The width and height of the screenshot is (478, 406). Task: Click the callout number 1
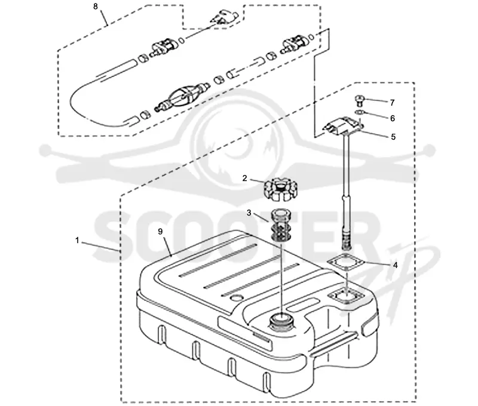click(77, 241)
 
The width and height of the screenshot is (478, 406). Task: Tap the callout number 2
click(244, 178)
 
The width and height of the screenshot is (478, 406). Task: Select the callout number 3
click(249, 213)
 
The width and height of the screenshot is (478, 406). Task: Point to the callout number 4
click(396, 265)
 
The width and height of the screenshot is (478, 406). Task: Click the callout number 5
click(393, 137)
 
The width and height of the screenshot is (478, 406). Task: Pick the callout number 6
click(393, 118)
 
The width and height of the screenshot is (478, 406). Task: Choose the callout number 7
click(393, 103)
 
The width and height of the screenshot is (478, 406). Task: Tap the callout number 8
click(96, 7)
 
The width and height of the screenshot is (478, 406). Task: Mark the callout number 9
click(160, 232)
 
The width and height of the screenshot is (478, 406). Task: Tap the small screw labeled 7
click(360, 100)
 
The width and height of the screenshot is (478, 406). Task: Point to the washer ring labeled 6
click(360, 112)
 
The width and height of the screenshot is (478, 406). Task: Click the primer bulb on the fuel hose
click(183, 97)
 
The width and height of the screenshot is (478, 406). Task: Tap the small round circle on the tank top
click(237, 297)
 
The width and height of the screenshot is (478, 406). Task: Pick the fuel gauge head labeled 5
click(342, 125)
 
